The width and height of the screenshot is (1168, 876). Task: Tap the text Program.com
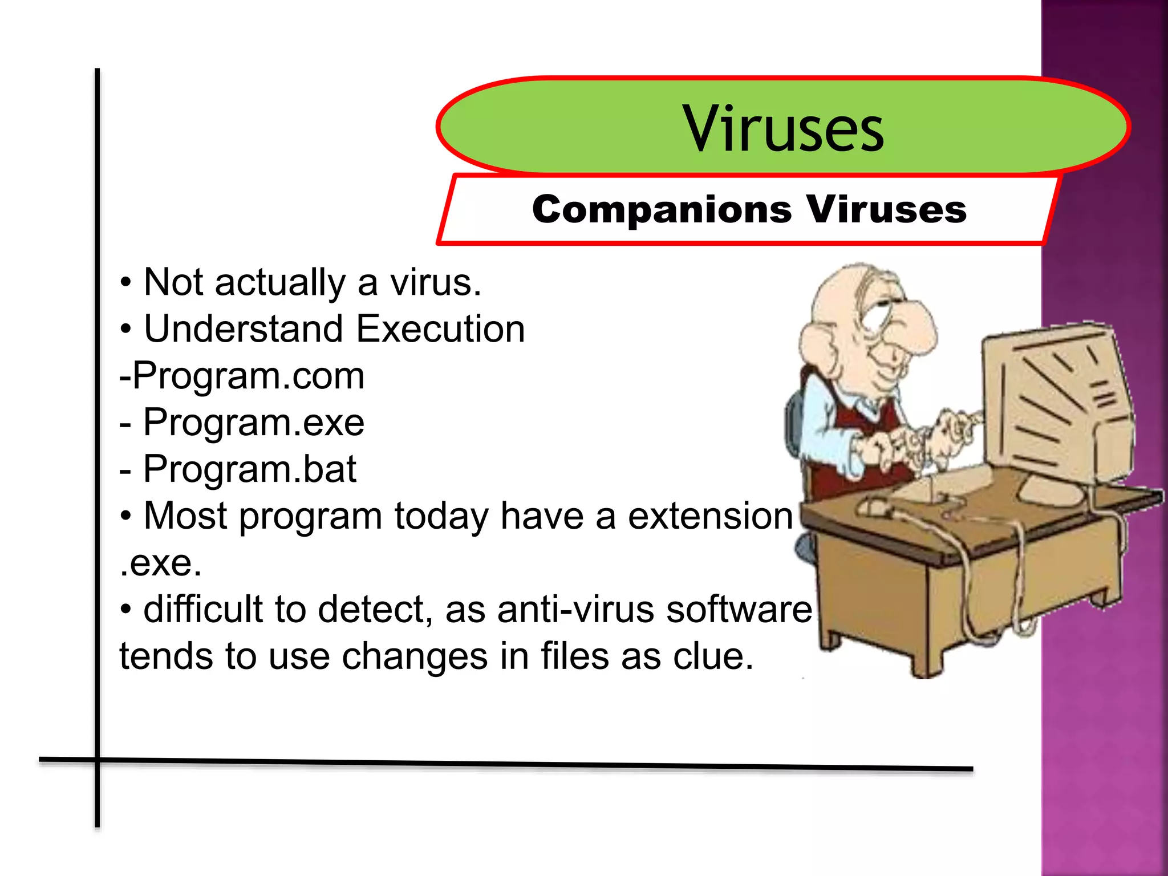(x=249, y=376)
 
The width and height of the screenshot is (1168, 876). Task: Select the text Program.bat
(x=249, y=469)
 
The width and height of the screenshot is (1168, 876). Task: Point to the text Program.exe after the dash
(x=253, y=423)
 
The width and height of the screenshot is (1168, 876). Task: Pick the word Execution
(x=440, y=329)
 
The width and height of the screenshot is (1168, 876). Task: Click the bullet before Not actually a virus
(x=126, y=283)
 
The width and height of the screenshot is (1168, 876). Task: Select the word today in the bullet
(x=441, y=516)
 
